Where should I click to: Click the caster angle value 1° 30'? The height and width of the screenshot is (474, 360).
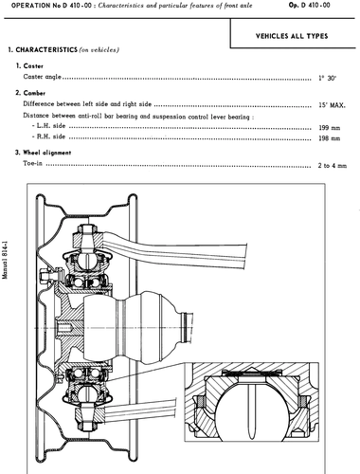(327, 78)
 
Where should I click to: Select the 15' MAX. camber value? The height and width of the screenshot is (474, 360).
(332, 105)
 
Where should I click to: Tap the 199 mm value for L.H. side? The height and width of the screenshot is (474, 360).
(330, 128)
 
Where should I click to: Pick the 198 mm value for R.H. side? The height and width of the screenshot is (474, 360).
(330, 138)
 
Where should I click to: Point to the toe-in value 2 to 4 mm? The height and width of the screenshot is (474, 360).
(333, 166)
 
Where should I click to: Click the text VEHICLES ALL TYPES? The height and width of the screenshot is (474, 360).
(292, 36)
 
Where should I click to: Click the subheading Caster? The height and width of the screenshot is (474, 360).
(29, 66)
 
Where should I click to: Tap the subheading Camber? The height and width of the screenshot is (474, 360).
(30, 93)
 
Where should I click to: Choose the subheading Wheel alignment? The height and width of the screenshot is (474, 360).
(43, 153)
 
